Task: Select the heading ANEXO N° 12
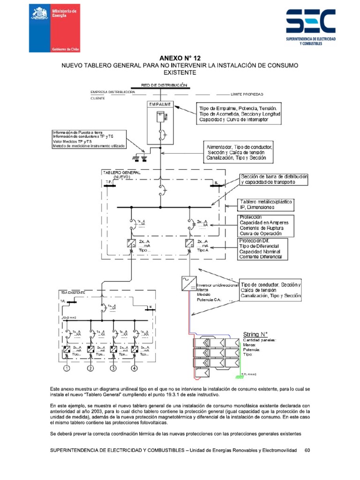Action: [180, 58]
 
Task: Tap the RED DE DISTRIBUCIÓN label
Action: [161, 85]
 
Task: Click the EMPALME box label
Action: [160, 103]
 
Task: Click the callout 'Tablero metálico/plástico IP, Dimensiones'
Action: [266, 204]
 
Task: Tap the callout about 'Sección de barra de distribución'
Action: [274, 179]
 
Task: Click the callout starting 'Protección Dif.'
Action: [263, 249]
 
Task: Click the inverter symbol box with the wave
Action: [185, 284]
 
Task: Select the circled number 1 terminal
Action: [67, 368]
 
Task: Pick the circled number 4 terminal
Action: [135, 368]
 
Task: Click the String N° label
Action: [255, 334]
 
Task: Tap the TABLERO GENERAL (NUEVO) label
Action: [121, 174]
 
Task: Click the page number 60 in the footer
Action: [307, 450]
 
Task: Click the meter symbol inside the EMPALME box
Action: [160, 115]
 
